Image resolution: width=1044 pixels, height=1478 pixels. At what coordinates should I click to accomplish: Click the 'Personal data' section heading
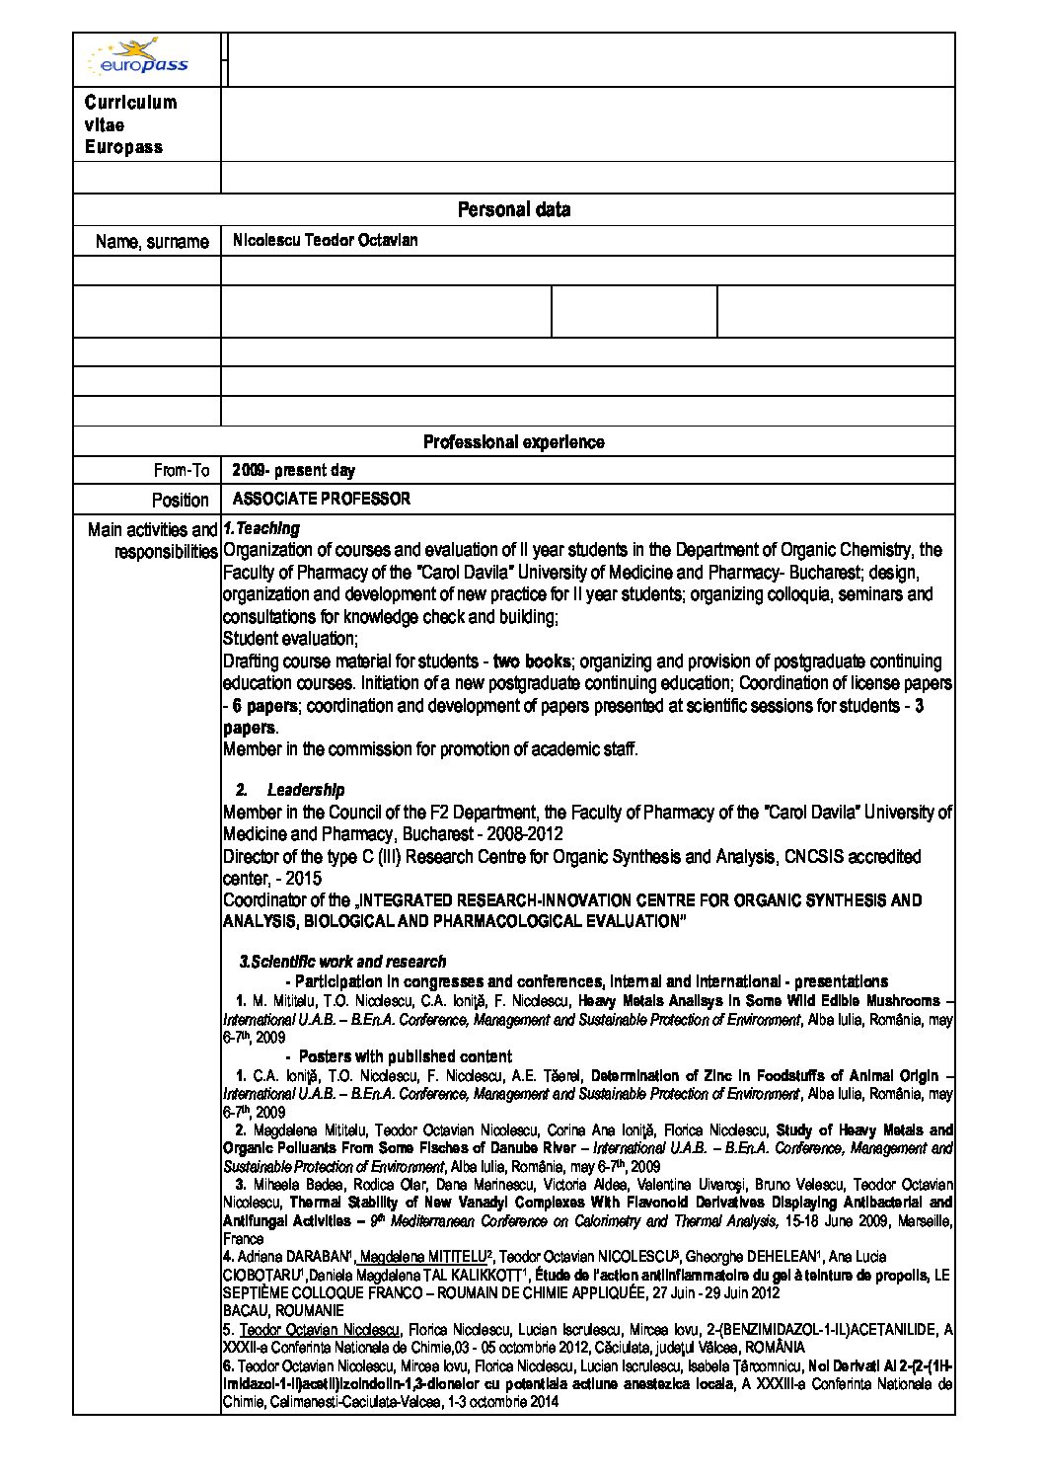click(x=513, y=210)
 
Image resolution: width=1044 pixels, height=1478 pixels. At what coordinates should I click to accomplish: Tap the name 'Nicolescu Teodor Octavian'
click(x=325, y=241)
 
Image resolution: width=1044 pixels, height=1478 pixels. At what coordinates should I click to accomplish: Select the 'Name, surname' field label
click(x=152, y=242)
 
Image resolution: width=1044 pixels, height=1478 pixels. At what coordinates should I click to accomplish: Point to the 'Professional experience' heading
click(x=513, y=442)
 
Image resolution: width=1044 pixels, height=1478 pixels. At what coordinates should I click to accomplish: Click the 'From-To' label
click(x=182, y=471)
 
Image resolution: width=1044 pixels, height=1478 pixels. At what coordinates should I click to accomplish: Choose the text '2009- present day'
click(x=293, y=471)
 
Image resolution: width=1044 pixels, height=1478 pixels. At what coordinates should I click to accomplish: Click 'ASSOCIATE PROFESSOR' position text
click(x=321, y=500)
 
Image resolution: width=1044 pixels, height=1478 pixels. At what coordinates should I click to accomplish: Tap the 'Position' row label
click(x=181, y=501)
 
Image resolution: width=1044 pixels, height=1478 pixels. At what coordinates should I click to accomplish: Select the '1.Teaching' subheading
click(x=261, y=529)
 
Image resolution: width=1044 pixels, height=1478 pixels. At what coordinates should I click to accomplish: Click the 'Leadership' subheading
click(x=306, y=790)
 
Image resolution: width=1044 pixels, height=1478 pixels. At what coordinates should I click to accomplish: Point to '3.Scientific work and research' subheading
click(x=342, y=962)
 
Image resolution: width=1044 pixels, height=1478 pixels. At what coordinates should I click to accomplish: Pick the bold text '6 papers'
click(x=261, y=706)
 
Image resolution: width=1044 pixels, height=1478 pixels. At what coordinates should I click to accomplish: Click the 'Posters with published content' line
click(x=405, y=1056)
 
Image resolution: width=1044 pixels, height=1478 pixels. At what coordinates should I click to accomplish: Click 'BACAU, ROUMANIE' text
click(x=283, y=1311)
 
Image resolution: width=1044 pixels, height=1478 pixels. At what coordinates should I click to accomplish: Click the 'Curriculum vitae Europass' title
click(x=130, y=124)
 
